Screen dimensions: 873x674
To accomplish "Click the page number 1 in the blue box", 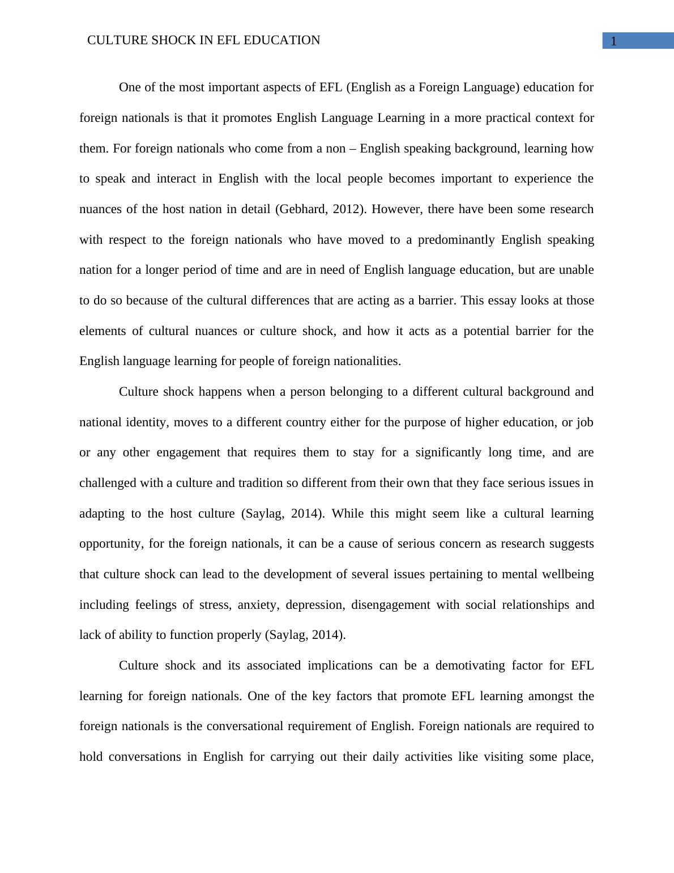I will pyautogui.click(x=613, y=41).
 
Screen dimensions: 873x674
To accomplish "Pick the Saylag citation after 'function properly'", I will pyautogui.click(x=305, y=635).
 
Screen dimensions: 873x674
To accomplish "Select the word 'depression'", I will pyautogui.click(x=315, y=605).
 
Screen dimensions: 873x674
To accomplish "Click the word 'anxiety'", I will pyautogui.click(x=258, y=605).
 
